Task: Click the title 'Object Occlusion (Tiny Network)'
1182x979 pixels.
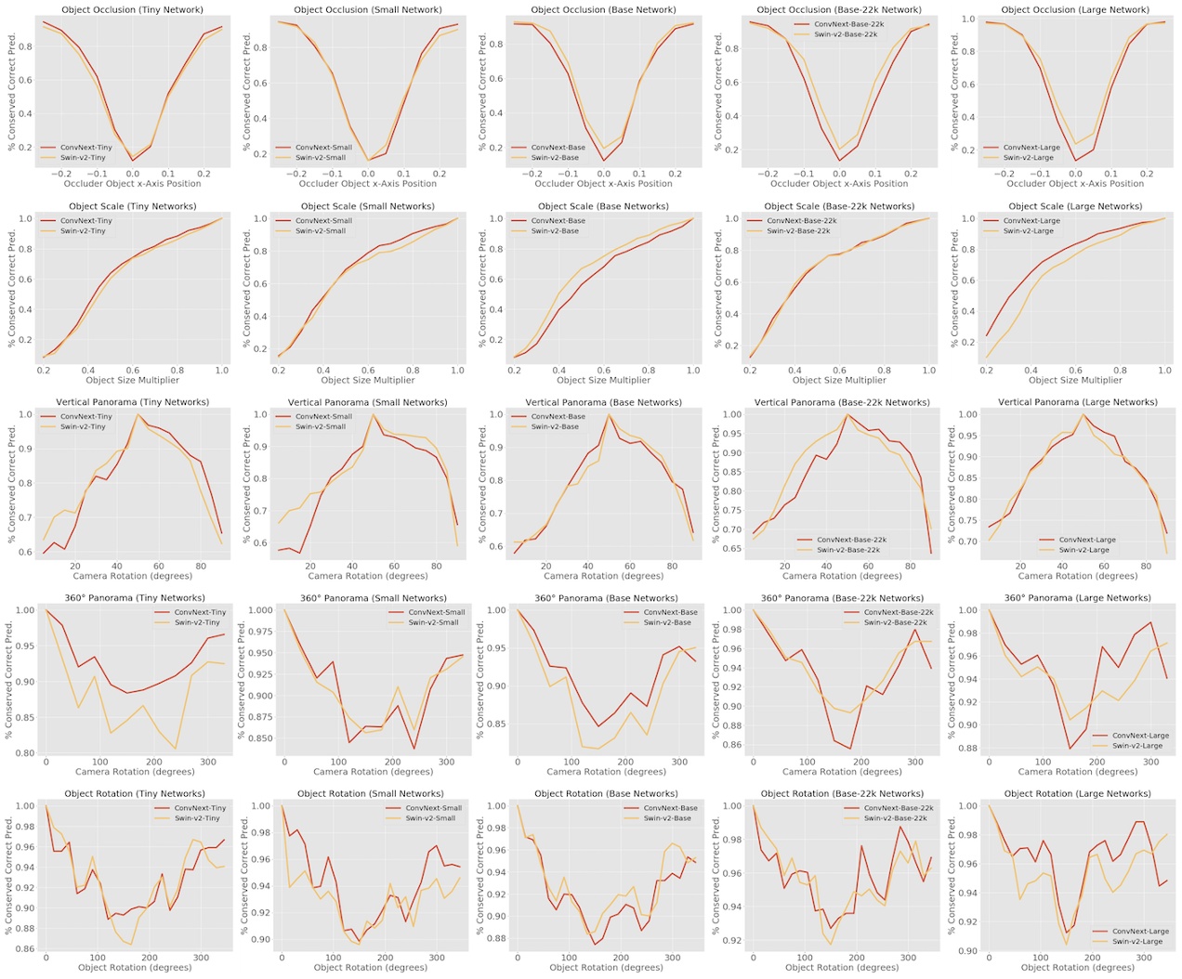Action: pos(132,10)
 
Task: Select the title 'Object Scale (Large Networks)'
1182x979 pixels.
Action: pos(1075,206)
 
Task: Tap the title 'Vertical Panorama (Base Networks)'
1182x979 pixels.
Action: pos(603,402)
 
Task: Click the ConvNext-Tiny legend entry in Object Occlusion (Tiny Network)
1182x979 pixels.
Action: pos(85,148)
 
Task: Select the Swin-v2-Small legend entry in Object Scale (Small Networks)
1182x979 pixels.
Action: pos(321,231)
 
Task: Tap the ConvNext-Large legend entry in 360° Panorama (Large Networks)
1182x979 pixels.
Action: pos(1140,736)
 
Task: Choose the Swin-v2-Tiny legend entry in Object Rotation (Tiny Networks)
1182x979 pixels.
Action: pos(197,818)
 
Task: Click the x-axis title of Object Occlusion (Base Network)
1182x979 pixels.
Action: pos(603,184)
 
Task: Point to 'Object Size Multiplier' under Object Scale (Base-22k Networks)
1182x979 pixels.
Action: pos(839,380)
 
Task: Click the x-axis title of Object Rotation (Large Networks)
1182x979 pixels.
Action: pos(1075,968)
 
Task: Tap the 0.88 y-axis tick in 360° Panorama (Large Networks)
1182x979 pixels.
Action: pos(967,749)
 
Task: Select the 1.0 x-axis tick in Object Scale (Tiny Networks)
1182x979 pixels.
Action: pos(222,370)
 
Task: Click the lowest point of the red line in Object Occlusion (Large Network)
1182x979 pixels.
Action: pos(1076,161)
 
